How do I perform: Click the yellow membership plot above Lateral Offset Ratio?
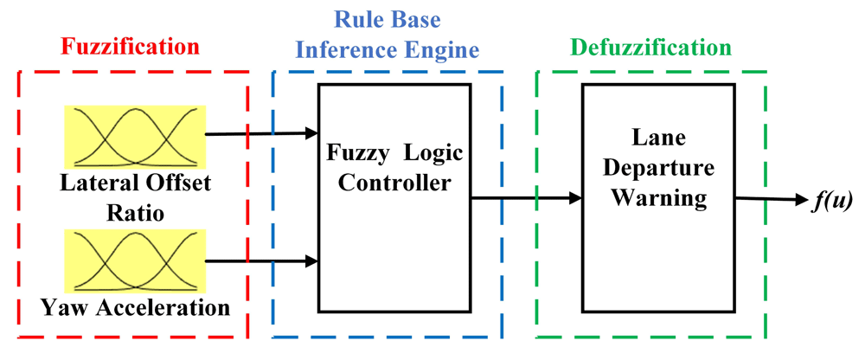point(135,137)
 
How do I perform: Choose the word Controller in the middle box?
point(394,183)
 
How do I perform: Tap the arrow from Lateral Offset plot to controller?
point(260,134)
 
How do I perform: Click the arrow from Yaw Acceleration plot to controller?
point(260,259)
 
